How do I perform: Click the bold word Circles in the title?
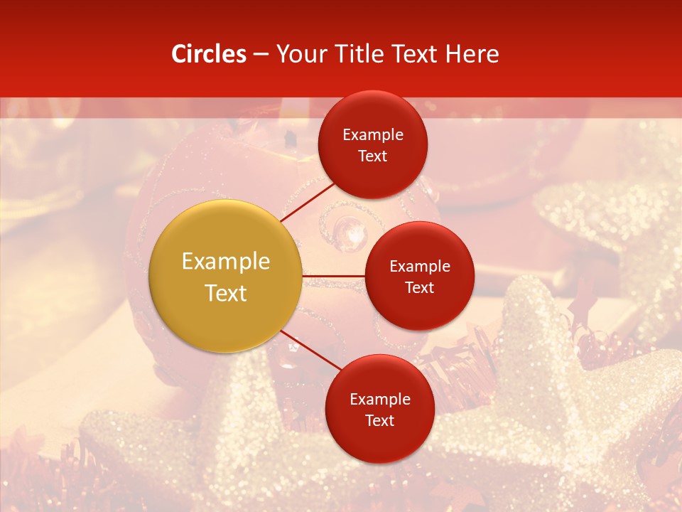click(x=209, y=54)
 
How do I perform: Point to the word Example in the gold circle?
click(x=225, y=262)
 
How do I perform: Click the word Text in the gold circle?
click(x=225, y=293)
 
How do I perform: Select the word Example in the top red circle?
click(x=373, y=134)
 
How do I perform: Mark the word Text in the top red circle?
click(x=373, y=156)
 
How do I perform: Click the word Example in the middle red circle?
click(x=419, y=266)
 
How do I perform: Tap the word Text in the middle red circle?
click(x=419, y=287)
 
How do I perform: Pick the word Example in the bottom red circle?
click(x=379, y=399)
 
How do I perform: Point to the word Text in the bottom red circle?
click(x=379, y=420)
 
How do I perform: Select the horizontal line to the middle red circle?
click(x=333, y=275)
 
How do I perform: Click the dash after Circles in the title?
click(x=261, y=54)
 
